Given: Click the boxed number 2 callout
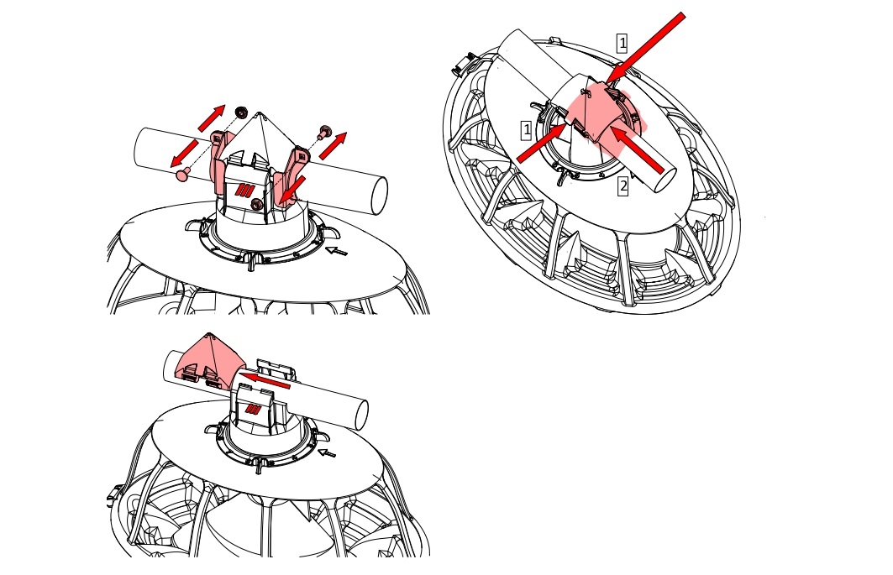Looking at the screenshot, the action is click(x=623, y=186).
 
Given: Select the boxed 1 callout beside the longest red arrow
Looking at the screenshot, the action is click(x=622, y=43).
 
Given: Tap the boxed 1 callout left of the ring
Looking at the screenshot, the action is click(x=526, y=130).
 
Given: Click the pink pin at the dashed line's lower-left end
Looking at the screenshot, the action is click(x=182, y=175).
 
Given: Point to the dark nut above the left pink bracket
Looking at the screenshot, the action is click(x=241, y=111).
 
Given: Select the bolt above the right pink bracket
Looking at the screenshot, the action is click(x=325, y=133).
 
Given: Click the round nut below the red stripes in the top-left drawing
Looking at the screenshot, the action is click(x=257, y=204).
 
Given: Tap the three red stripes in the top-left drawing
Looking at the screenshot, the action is click(x=244, y=190).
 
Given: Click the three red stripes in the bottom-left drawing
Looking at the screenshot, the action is click(x=253, y=409).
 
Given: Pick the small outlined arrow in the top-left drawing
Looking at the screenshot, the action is click(x=336, y=250).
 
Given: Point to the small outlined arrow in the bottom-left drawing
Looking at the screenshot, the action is click(x=327, y=452).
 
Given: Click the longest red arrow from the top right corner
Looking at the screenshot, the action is click(x=644, y=48).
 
